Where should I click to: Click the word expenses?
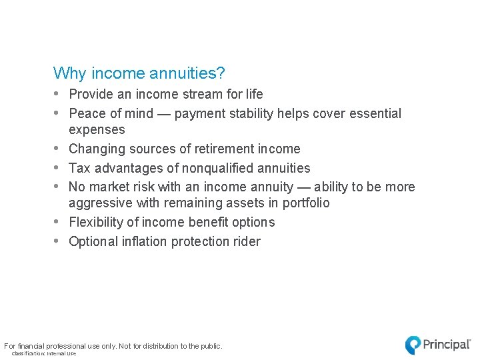pyautogui.click(x=97, y=130)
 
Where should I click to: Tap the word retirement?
pyautogui.click(x=214, y=149)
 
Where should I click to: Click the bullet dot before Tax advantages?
pyautogui.click(x=57, y=168)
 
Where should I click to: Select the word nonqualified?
pyautogui.click(x=211, y=168)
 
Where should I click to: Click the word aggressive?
pyautogui.click(x=100, y=203)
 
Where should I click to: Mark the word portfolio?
pyautogui.click(x=304, y=203)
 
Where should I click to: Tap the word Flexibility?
pyautogui.click(x=97, y=223)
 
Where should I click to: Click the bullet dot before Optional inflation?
pyautogui.click(x=57, y=241)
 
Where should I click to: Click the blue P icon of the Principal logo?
pyautogui.click(x=413, y=345)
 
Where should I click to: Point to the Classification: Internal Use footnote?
pyautogui.click(x=44, y=354)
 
